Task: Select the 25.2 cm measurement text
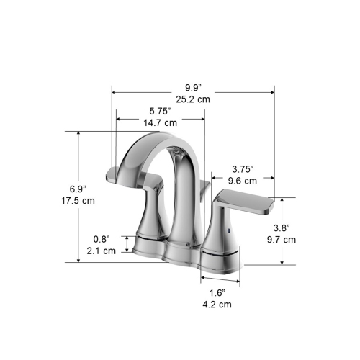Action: point(192,99)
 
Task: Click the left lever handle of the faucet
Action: point(132,175)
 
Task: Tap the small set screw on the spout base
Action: point(189,244)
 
